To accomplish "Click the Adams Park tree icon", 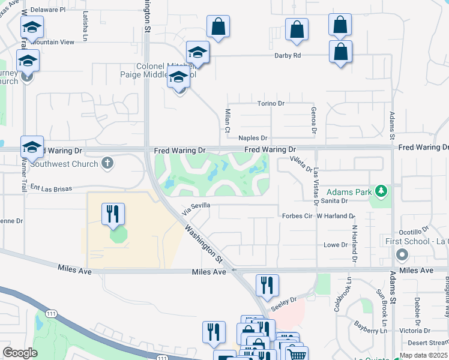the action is [379, 191].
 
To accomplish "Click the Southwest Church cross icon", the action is [107, 162].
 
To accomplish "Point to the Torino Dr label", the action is [270, 103].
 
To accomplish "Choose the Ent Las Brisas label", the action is [51, 188].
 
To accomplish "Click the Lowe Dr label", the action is [336, 245].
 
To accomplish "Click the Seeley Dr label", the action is [284, 301].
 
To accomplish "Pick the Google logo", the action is [20, 353].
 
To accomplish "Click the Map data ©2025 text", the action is [424, 355].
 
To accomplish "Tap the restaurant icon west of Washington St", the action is [113, 214].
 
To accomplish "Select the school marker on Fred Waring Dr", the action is [32, 146].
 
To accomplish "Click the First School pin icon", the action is [402, 256].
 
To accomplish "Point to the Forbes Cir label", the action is [298, 215].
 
